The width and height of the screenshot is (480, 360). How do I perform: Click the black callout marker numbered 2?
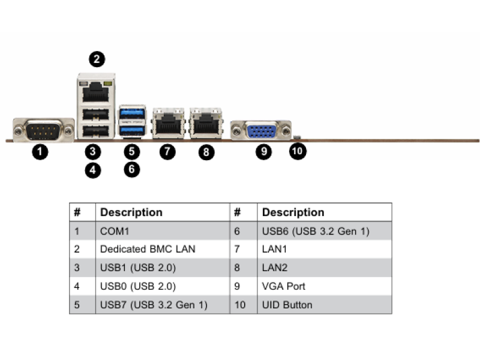click(97, 59)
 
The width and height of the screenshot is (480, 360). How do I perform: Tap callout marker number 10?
click(298, 151)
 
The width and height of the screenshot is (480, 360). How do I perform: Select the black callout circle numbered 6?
click(131, 169)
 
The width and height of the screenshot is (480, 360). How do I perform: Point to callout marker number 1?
click(40, 152)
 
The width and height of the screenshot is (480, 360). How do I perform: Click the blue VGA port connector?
click(261, 131)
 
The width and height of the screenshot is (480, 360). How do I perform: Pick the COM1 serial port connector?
click(43, 130)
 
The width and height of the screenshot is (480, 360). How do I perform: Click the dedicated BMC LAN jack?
click(96, 92)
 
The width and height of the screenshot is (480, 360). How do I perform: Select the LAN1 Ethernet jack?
click(169, 123)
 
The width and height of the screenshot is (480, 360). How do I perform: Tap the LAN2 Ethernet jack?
click(206, 123)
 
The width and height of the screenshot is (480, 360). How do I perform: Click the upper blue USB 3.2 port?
click(132, 113)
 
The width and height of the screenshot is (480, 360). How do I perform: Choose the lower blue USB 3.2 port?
click(132, 130)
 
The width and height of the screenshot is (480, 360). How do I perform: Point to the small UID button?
click(297, 137)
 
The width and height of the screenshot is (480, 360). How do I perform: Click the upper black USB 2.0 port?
click(96, 115)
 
